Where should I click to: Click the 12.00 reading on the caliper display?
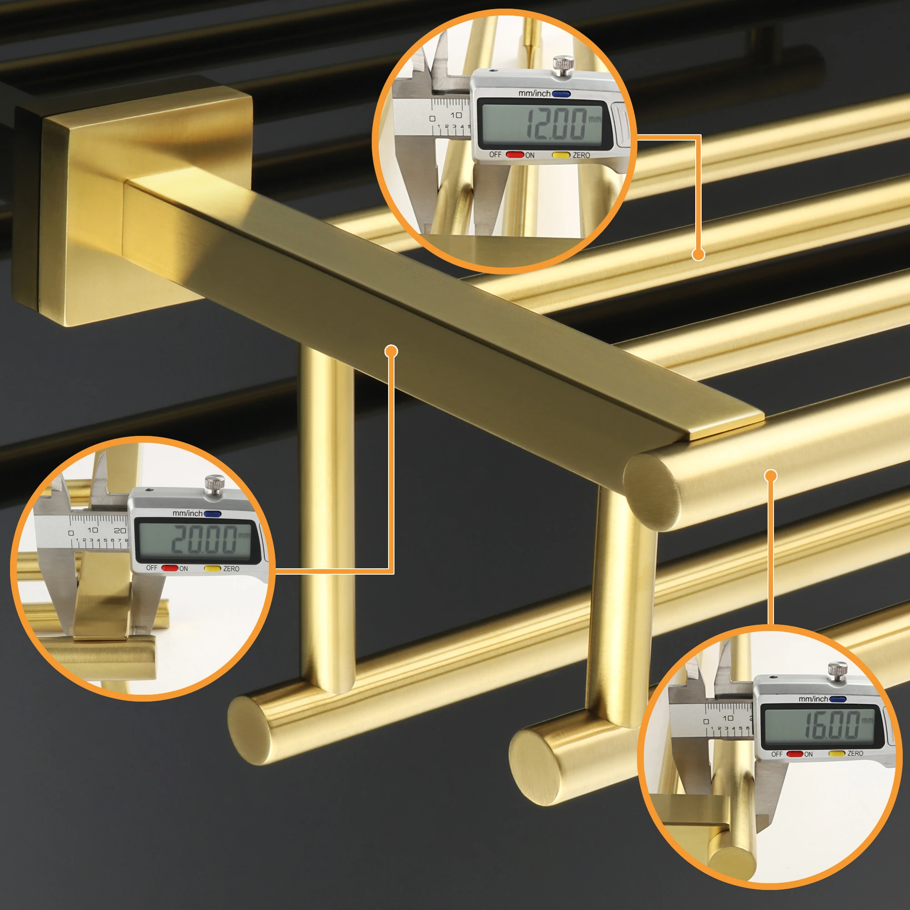tap(556, 124)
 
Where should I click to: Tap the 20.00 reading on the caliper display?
tap(204, 539)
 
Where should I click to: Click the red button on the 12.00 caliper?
tap(515, 155)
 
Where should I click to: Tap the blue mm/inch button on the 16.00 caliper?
tap(838, 699)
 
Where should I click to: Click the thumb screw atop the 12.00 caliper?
tap(563, 65)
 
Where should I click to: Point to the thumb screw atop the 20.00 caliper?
tap(214, 485)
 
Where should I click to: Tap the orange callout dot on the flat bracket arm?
tap(391, 351)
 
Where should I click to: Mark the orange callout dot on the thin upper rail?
tap(698, 254)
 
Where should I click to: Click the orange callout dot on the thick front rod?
tap(771, 476)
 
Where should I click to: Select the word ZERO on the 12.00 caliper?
tap(581, 155)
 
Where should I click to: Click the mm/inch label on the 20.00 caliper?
tap(187, 513)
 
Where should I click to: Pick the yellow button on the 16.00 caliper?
tap(837, 753)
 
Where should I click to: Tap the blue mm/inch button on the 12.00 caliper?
tap(561, 94)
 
